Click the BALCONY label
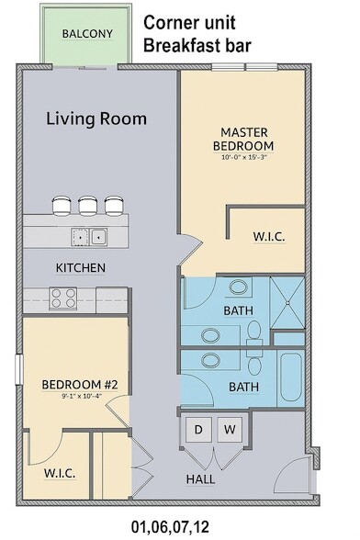pos(87,34)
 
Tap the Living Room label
pos(96,118)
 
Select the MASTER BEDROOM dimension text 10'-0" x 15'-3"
pos(244,157)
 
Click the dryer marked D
pos(198,430)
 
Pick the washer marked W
pos(230,430)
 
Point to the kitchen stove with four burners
pos(63,298)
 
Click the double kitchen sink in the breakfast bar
pos(89,237)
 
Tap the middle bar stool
pos(87,206)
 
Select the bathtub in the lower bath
pos(291,377)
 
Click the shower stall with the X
pos(287,303)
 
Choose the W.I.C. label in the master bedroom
pos(269,237)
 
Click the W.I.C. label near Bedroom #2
pos(60,473)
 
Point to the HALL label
pos(200,479)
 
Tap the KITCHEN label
pos(81,268)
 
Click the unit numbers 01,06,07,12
pos(170,526)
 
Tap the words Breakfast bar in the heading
pos(197,46)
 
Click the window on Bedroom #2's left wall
pos(19,369)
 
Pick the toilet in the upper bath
pos(254,332)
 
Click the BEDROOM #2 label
pos(80,384)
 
